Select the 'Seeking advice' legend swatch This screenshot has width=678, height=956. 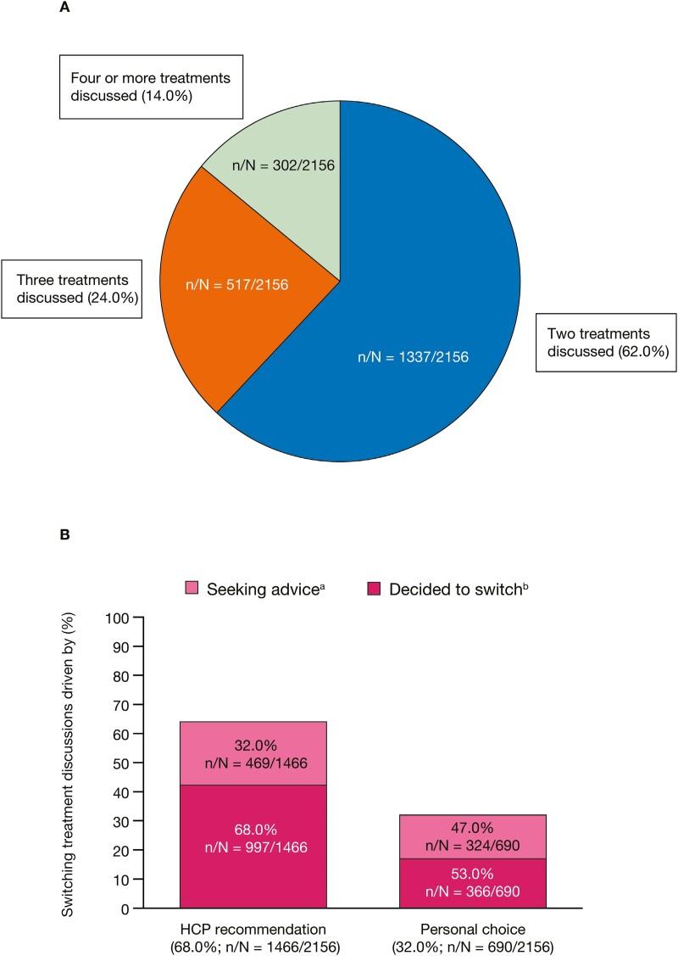coord(192,590)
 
